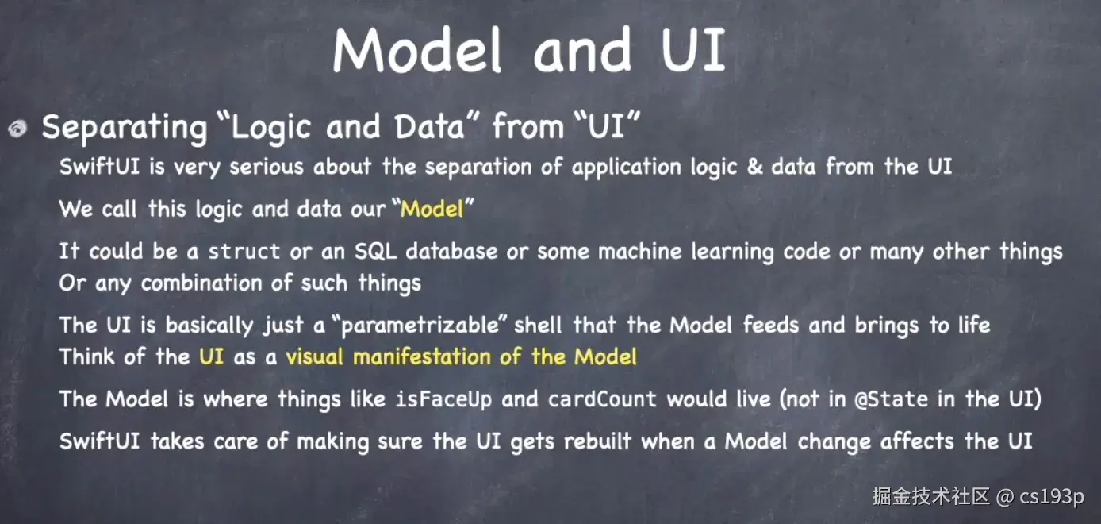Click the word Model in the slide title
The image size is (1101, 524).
(416, 49)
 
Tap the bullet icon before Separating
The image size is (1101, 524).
(17, 129)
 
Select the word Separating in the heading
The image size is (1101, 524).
(125, 128)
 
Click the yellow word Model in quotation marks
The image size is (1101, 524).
(432, 209)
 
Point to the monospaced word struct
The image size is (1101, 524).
(244, 252)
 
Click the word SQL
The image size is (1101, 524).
(375, 252)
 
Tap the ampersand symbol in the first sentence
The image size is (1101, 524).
(754, 167)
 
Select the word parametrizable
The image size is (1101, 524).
(420, 326)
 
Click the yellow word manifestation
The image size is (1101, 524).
(422, 356)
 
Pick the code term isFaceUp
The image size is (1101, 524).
(443, 399)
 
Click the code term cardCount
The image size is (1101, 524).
(602, 399)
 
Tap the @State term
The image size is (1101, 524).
(891, 399)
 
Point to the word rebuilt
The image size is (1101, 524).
(597, 441)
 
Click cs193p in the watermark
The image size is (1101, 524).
(1051, 497)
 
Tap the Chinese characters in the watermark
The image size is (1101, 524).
(930, 496)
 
